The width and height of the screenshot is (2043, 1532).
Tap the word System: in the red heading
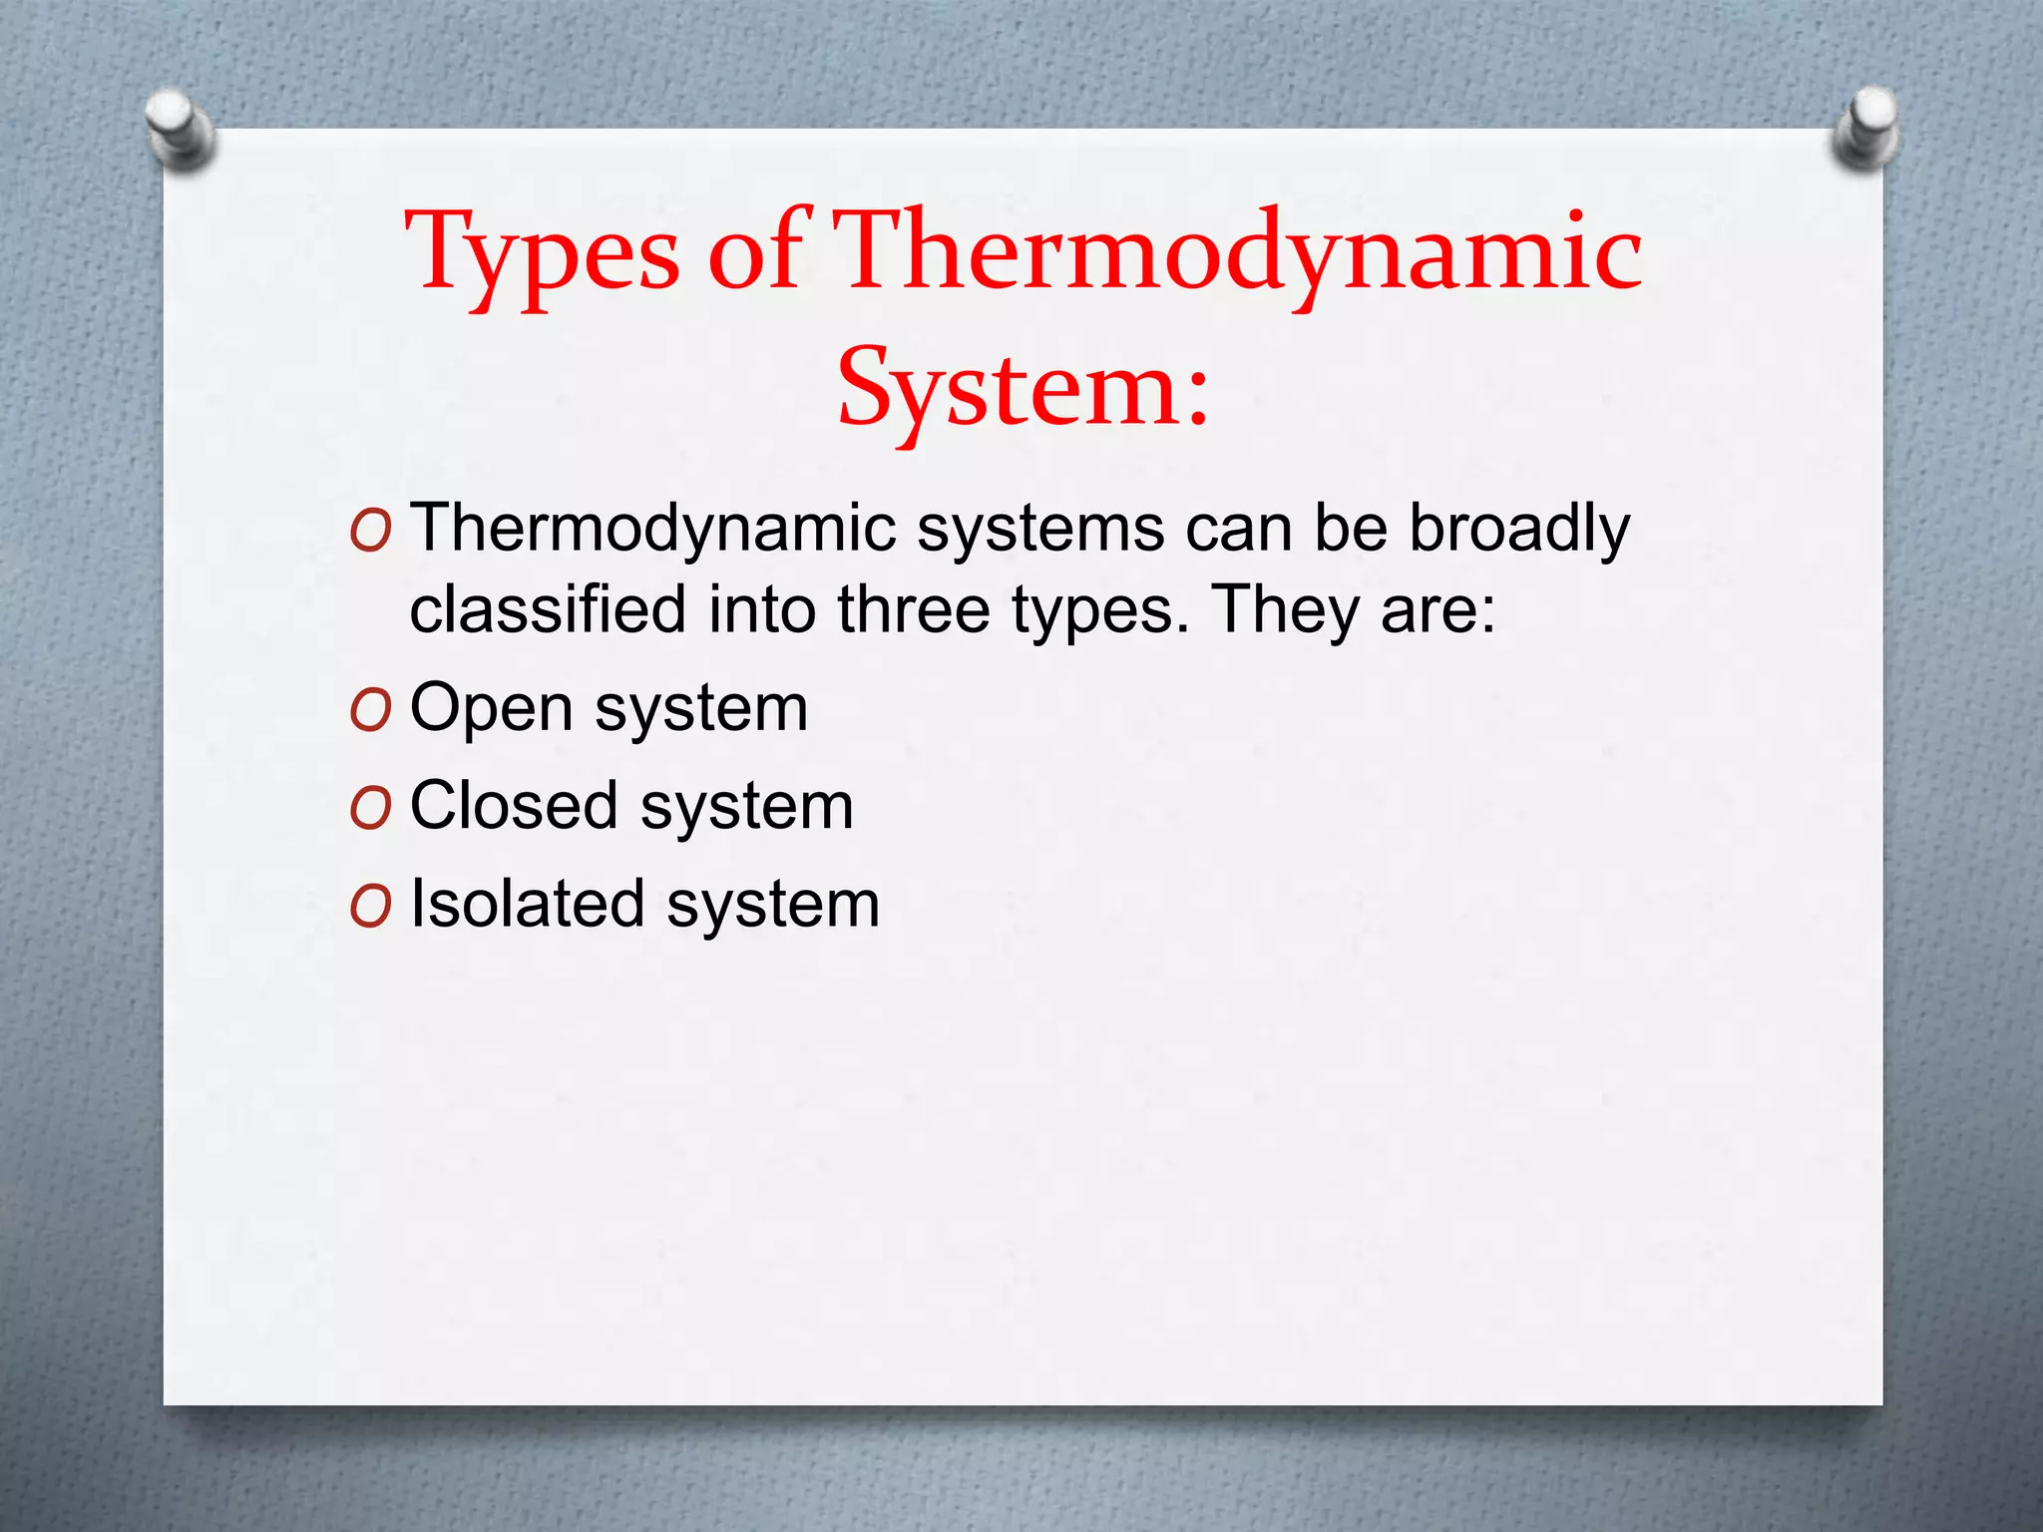pyautogui.click(x=1022, y=389)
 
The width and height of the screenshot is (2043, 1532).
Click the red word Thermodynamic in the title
pyautogui.click(x=1237, y=255)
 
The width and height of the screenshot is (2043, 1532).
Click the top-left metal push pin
pyautogui.click(x=180, y=128)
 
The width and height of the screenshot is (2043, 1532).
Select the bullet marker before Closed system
pyautogui.click(x=370, y=809)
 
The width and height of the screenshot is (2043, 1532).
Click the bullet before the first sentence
pyautogui.click(x=370, y=532)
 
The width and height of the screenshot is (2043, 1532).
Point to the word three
pyautogui.click(x=913, y=609)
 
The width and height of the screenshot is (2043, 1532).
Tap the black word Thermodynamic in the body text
pyautogui.click(x=653, y=529)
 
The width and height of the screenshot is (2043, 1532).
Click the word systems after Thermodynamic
pyautogui.click(x=1040, y=529)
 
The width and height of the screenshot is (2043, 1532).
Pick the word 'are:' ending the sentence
pyautogui.click(x=1437, y=609)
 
